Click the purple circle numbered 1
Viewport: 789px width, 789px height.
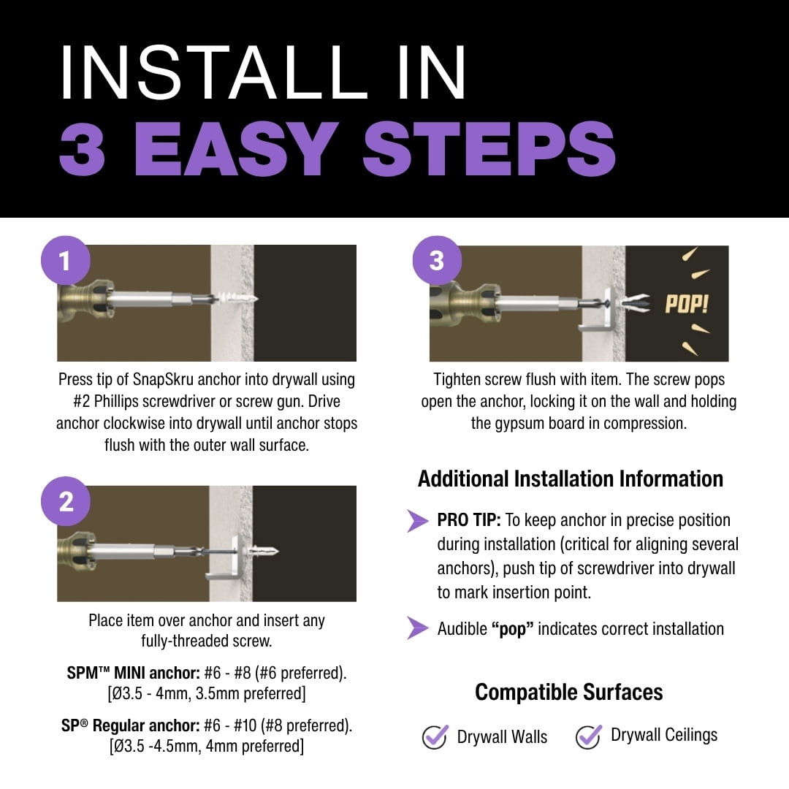66,261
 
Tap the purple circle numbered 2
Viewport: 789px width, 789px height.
66,501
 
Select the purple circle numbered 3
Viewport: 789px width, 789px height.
437,261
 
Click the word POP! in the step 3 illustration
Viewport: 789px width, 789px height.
686,304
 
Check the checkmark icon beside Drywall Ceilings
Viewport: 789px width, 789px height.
589,736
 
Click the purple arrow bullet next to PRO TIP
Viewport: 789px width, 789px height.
418,520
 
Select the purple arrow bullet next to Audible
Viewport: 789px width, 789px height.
418,628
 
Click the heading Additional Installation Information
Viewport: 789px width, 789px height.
570,479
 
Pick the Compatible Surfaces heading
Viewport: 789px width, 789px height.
568,693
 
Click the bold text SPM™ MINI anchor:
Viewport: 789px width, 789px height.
134,673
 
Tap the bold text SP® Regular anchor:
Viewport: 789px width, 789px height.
131,725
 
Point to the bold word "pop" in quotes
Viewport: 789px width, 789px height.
512,629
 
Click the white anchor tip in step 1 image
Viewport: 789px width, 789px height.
238,299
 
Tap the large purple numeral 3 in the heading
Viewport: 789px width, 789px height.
82,149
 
